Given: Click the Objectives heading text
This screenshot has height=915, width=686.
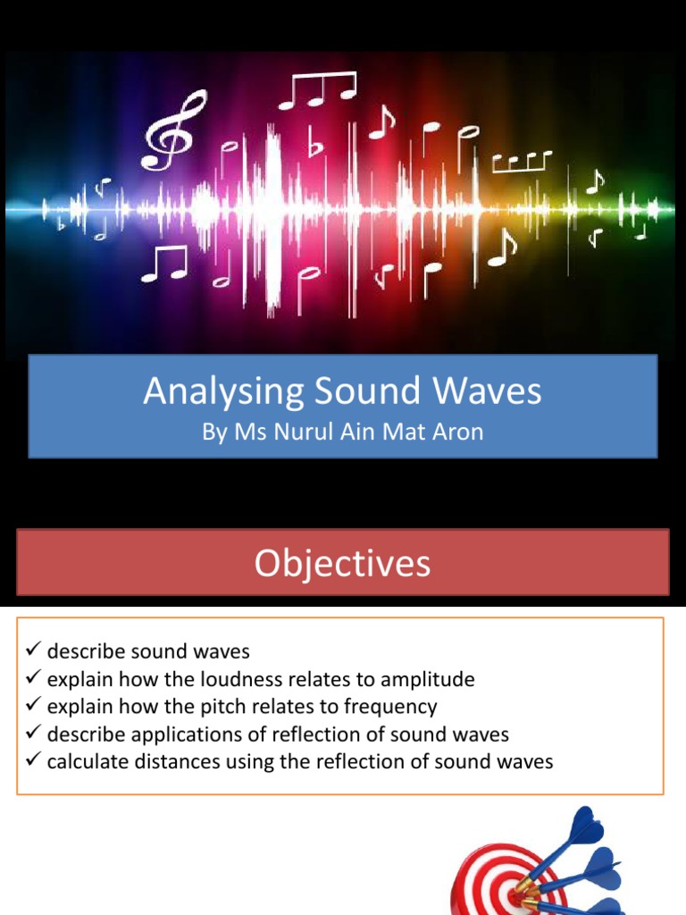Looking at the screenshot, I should (x=342, y=563).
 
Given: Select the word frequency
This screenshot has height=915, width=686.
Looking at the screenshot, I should (x=392, y=707).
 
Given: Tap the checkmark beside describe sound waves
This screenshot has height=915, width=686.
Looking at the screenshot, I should (x=34, y=650).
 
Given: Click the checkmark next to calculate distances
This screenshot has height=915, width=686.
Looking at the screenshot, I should (x=34, y=760).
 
